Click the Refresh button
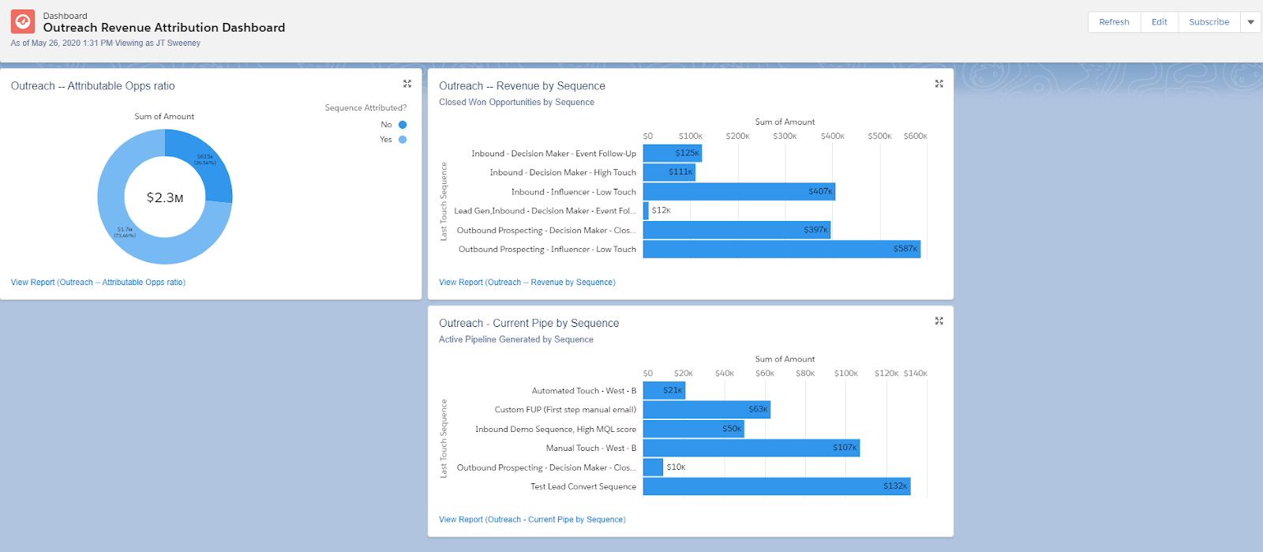tap(1114, 22)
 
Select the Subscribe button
tap(1209, 22)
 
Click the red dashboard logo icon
tap(23, 21)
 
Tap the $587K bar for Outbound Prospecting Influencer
tap(781, 249)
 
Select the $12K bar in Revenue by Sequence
tap(646, 211)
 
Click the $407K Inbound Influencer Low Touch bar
tap(739, 192)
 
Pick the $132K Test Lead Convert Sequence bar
tap(777, 486)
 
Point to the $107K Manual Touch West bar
tap(751, 448)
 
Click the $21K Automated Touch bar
tap(664, 391)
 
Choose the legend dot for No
tap(403, 125)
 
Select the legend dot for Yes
tap(403, 140)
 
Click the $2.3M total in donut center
tap(165, 197)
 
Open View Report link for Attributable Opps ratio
tap(98, 282)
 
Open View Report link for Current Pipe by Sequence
tap(532, 520)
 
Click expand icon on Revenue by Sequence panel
tap(939, 84)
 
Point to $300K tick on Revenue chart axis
tap(785, 136)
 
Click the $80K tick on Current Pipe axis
tap(805, 373)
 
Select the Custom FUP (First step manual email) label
tap(565, 410)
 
